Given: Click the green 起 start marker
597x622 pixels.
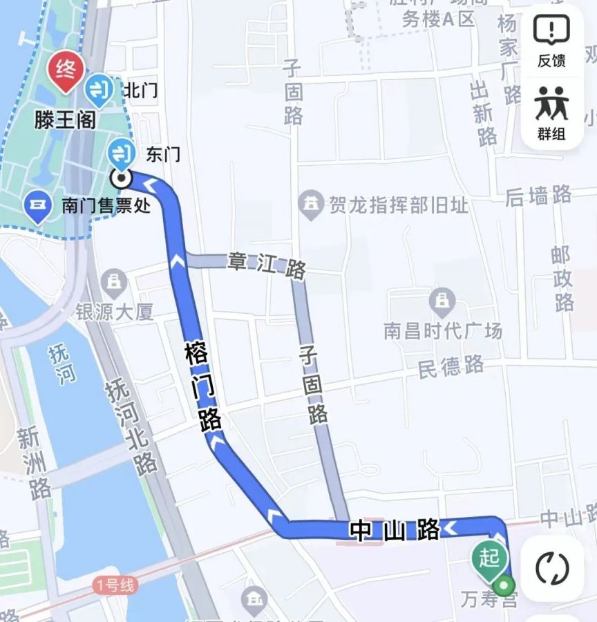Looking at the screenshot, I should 489,557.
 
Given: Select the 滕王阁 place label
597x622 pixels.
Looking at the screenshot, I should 65,120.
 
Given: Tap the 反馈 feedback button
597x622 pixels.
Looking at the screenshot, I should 551,41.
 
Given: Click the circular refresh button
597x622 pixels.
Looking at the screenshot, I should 552,569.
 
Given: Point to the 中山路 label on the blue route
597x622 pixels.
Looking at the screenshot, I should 395,530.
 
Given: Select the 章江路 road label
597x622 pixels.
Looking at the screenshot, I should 267,265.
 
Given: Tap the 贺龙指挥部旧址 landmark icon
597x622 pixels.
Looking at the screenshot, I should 311,203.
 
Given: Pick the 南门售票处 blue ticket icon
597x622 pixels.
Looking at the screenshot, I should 37,206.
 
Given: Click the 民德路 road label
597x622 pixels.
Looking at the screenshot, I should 451,366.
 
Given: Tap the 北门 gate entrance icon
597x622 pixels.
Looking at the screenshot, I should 100,89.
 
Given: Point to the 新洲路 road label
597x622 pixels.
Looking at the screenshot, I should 35,463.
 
